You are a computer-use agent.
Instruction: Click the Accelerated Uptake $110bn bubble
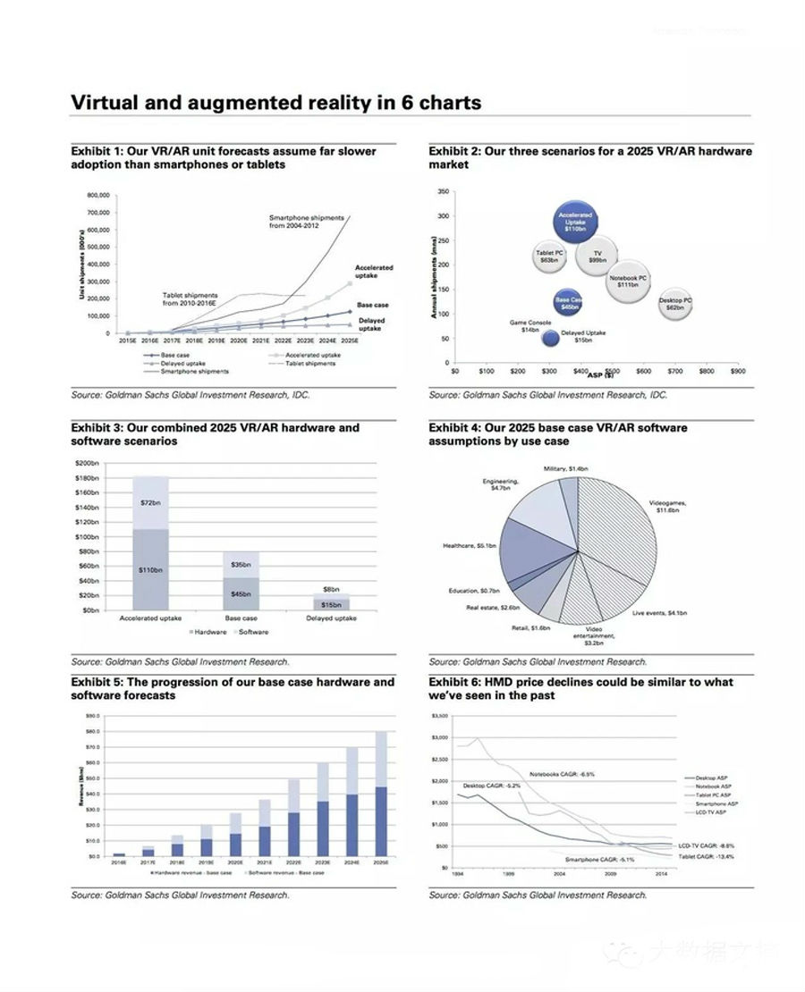tap(574, 223)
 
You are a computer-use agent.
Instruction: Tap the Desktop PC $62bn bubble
tap(675, 304)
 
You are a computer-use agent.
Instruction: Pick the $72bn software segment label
tap(150, 503)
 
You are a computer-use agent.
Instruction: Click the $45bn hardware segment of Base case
tap(241, 593)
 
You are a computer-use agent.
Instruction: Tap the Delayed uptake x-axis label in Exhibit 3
tap(332, 618)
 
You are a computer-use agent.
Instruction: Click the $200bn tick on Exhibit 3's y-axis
tap(87, 464)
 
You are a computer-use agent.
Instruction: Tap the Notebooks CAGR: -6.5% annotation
tap(562, 774)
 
